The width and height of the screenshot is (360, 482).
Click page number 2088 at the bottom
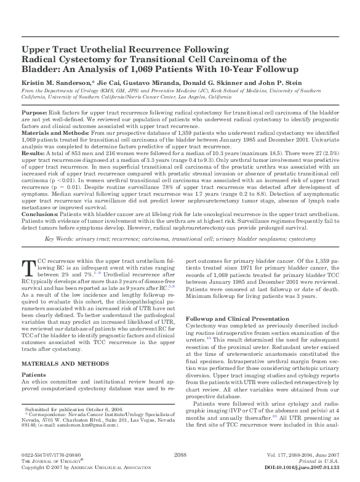coord(180,454)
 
